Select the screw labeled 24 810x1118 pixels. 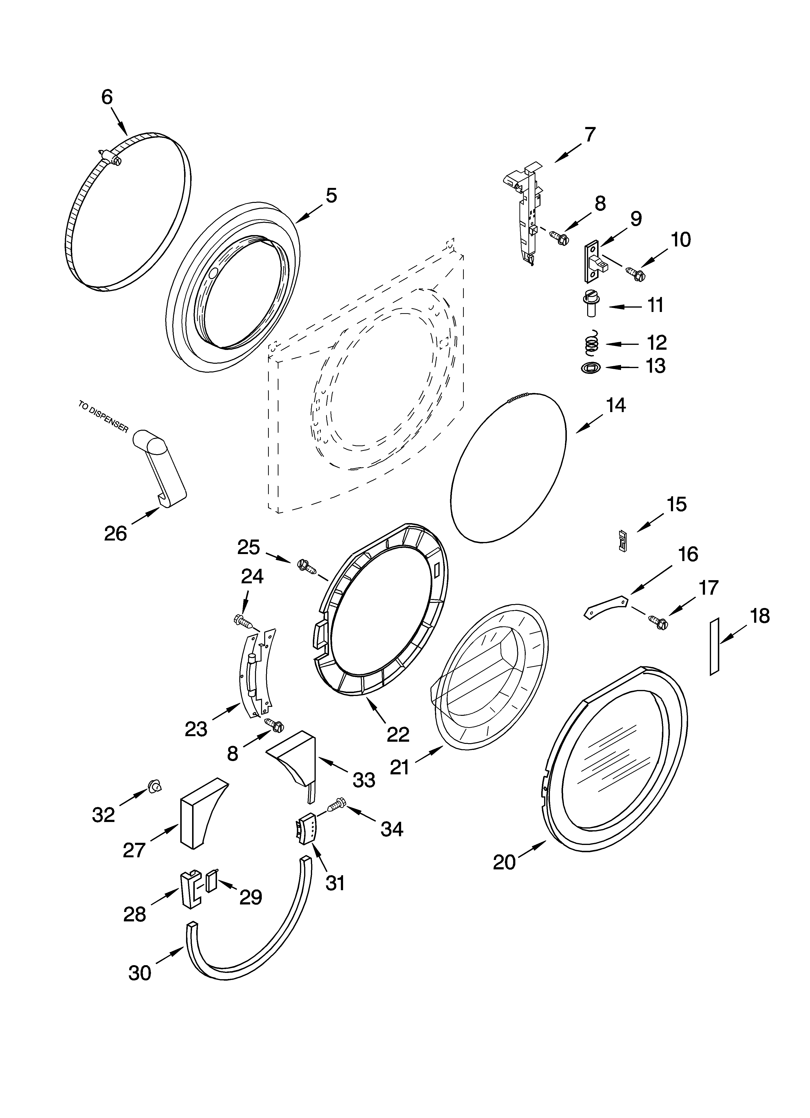pyautogui.click(x=243, y=621)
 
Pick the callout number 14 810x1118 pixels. pyautogui.click(x=616, y=405)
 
